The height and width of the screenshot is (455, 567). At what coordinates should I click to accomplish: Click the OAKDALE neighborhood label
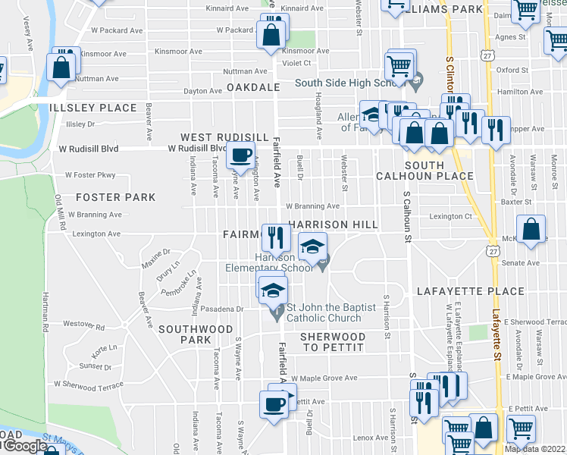click(253, 88)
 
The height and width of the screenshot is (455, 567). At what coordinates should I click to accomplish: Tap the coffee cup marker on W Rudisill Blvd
click(242, 157)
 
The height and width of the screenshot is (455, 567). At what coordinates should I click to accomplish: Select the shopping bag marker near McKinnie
click(532, 230)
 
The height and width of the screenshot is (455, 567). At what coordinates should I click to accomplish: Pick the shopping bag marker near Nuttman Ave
click(61, 68)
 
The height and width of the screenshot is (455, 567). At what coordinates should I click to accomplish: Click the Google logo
click(24, 447)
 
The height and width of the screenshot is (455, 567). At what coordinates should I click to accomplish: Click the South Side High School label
click(352, 83)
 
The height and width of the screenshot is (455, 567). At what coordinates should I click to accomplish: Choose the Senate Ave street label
click(522, 263)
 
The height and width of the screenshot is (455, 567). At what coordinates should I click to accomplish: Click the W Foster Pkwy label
click(90, 175)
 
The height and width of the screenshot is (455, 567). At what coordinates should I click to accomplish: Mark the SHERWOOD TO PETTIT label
click(333, 341)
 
